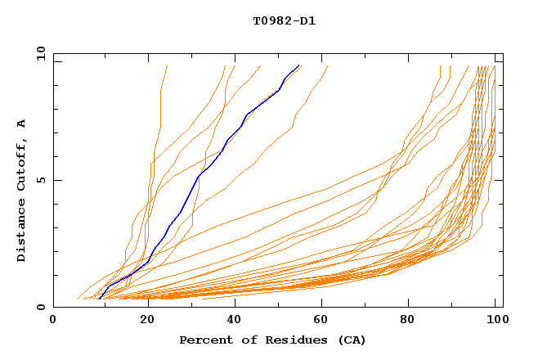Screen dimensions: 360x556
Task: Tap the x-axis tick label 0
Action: pyautogui.click(x=53, y=322)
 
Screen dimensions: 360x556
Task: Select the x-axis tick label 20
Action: pyautogui.click(x=143, y=322)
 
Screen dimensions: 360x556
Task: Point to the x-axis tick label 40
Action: pyautogui.click(x=233, y=322)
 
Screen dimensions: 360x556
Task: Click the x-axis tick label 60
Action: pyautogui.click(x=323, y=322)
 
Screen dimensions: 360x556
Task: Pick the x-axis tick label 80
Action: pyautogui.click(x=413, y=322)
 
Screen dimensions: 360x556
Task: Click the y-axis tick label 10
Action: pyautogui.click(x=40, y=53)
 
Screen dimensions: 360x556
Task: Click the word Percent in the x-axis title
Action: pyautogui.click(x=204, y=340)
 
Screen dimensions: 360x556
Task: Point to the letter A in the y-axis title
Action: pyautogui.click(x=22, y=124)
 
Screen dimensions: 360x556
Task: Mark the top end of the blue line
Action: pyautogui.click(x=300, y=65)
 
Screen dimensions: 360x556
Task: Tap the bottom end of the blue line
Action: pyautogui.click(x=99, y=299)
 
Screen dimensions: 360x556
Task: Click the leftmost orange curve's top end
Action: pyautogui.click(x=167, y=65)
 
